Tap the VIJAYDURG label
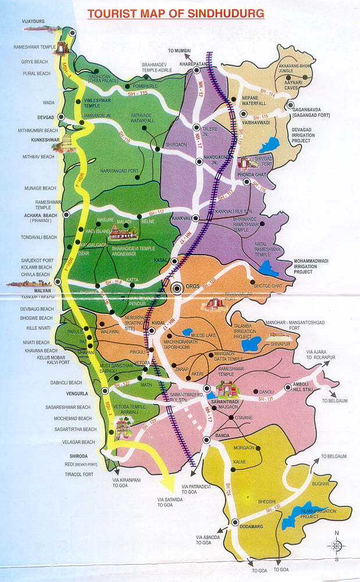(17, 22)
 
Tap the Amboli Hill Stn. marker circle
(288, 388)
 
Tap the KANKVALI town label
(181, 217)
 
